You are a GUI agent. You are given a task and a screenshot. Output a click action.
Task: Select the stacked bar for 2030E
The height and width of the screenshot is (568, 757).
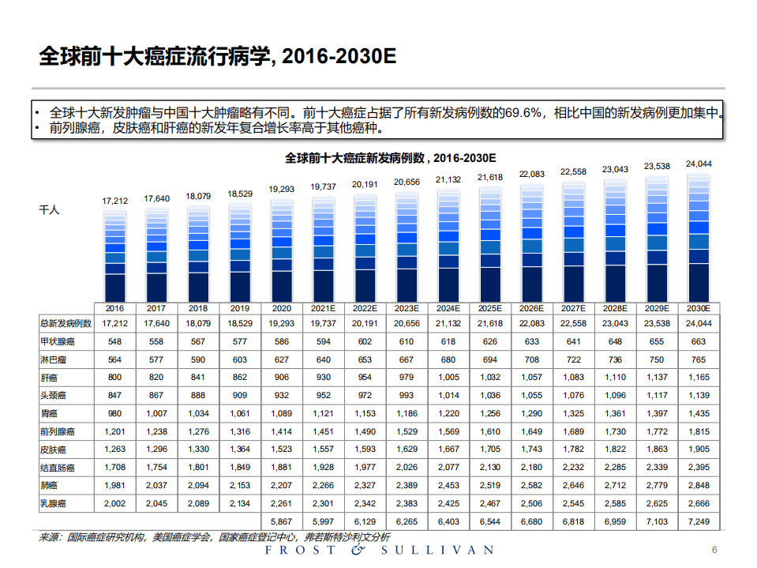coord(699,238)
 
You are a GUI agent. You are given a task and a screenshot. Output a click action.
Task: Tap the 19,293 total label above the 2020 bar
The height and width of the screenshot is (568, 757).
coord(283,190)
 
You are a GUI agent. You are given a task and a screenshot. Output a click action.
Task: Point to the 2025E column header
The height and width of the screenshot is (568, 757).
coord(489,308)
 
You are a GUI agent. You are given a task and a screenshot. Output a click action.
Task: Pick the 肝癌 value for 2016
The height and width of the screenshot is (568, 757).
coord(115,378)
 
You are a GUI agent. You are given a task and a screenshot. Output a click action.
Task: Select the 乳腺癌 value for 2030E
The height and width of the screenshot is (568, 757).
coord(699,503)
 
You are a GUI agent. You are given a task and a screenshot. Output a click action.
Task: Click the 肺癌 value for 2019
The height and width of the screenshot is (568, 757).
coord(240,485)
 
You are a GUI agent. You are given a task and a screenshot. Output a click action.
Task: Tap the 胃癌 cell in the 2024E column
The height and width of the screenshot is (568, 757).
coord(448,413)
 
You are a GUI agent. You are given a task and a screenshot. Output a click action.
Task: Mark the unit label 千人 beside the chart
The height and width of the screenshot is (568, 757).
coord(49,210)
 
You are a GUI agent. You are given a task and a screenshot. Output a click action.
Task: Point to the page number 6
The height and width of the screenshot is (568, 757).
coord(714,551)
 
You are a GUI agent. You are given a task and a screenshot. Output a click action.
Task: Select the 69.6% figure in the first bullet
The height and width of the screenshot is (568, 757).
coord(522,112)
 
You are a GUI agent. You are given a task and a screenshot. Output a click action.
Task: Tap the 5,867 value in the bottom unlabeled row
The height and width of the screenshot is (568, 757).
coord(282,522)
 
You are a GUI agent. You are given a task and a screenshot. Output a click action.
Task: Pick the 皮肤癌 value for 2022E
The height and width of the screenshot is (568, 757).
coord(365,450)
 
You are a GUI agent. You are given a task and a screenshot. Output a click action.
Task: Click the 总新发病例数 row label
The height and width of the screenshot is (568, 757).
coord(66,323)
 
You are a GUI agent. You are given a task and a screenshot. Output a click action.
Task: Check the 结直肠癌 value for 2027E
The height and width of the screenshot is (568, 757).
coord(573,467)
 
